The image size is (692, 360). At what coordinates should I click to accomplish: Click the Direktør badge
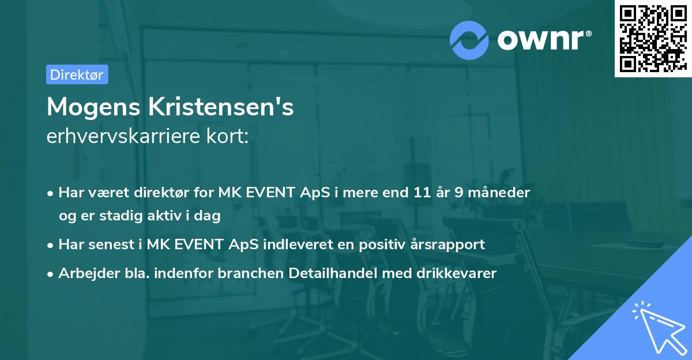(x=77, y=74)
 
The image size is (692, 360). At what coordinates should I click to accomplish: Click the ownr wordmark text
(x=543, y=39)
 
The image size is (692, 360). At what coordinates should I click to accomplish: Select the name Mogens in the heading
(x=95, y=107)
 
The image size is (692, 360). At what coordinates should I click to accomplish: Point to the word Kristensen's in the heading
(x=222, y=107)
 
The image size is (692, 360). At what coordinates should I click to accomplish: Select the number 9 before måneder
(x=459, y=192)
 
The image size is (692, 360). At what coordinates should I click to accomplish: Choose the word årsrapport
(x=447, y=244)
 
